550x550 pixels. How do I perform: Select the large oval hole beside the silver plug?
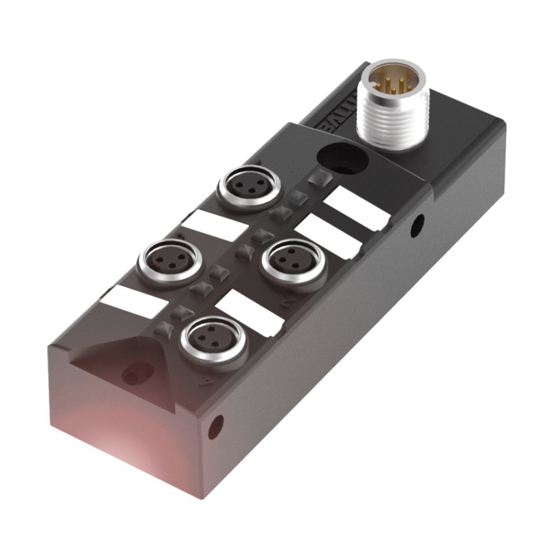pos(342,159)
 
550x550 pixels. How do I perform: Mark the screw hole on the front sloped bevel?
pos(131,375)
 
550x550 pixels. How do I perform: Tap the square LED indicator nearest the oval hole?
pos(317,179)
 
